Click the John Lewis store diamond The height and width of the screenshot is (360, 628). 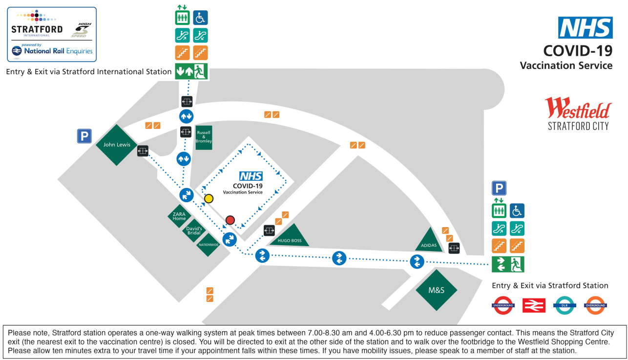click(116, 145)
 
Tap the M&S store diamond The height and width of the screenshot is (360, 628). click(436, 290)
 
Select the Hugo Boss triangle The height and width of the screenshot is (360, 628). click(289, 237)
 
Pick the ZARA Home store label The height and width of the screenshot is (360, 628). click(179, 216)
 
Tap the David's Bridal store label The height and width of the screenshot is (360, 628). click(194, 230)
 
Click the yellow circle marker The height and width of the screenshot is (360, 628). click(209, 198)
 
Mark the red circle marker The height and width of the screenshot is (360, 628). click(230, 220)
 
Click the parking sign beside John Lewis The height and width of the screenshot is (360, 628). click(84, 136)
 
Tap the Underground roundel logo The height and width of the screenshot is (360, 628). click(503, 305)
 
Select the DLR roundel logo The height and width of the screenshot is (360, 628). click(565, 305)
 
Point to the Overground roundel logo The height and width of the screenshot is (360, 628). click(595, 305)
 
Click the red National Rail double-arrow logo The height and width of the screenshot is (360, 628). click(534, 305)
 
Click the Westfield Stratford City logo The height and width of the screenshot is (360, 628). click(578, 113)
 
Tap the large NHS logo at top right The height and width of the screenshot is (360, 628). click(585, 27)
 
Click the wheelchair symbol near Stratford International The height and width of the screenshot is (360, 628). click(200, 18)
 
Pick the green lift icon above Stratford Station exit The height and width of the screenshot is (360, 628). click(499, 211)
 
